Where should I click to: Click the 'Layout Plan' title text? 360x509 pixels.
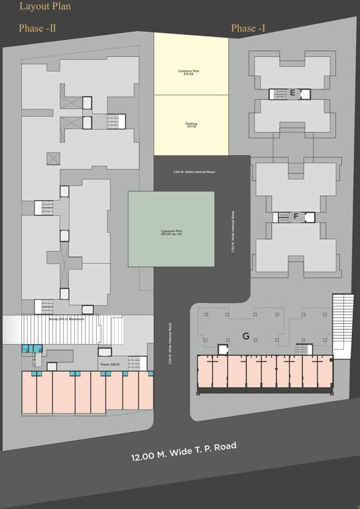pos(45,7)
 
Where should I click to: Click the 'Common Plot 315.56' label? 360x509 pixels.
pos(191,72)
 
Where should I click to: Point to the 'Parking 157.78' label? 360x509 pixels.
pos(191,125)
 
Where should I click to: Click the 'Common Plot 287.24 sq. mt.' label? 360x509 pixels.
pos(171,233)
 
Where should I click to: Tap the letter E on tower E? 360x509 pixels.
pos(292,93)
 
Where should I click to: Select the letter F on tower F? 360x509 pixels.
pos(296,217)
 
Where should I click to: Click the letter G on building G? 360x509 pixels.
pos(245,337)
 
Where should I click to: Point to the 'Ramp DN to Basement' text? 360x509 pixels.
pos(65,319)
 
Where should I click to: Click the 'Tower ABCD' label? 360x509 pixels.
pos(109,365)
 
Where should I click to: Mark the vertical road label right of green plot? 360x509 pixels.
pos(233,232)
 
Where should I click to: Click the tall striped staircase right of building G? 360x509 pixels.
pos(343,326)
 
